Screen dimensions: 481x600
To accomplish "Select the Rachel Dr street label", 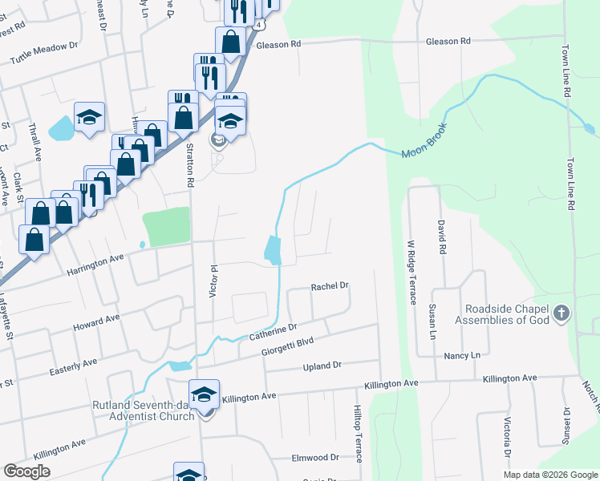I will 330,286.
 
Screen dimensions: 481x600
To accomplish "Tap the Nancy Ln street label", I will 461,354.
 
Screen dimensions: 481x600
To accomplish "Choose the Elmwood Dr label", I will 315,458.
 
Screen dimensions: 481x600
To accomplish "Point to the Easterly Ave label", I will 73,365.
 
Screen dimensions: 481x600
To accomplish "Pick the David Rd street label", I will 441,236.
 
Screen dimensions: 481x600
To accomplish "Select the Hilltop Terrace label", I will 358,434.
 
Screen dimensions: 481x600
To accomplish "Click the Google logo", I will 27,471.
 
